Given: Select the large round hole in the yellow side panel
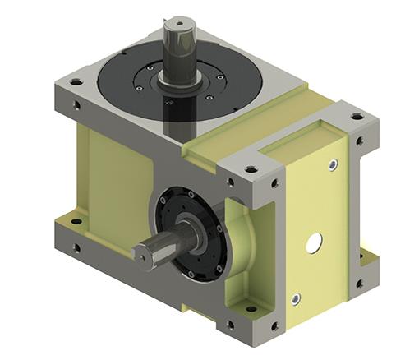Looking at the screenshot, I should point(313,242).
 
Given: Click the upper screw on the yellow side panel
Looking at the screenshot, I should point(332,165).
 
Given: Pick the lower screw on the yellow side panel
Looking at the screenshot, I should point(297,298).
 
